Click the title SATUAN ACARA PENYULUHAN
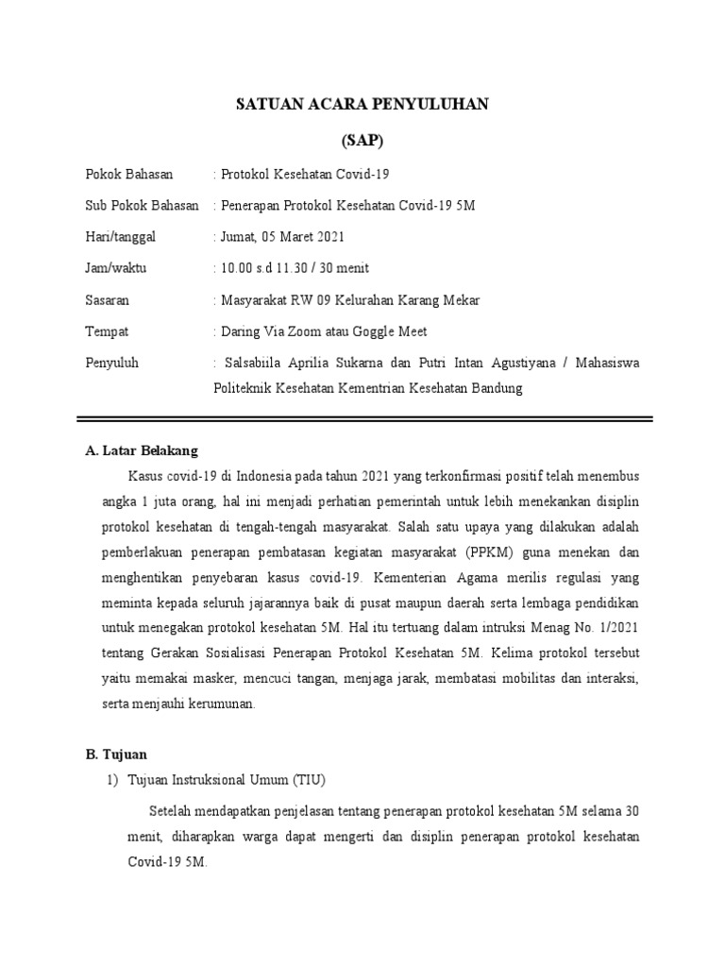click(362, 105)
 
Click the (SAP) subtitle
click(362, 142)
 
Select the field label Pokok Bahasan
click(123, 175)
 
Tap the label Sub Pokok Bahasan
click(142, 206)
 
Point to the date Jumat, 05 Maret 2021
click(281, 237)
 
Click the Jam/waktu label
click(115, 268)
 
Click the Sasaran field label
click(107, 300)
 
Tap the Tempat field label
click(106, 331)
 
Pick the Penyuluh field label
click(111, 363)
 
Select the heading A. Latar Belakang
click(142, 450)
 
